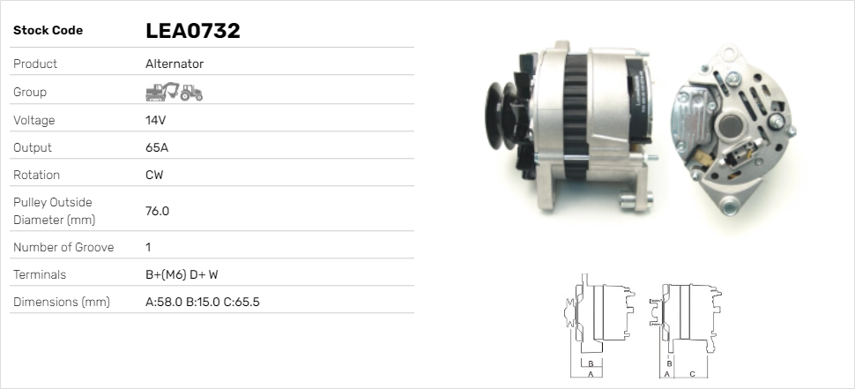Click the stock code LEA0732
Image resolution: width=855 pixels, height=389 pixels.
point(192,31)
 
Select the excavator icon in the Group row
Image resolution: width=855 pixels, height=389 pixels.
point(162,92)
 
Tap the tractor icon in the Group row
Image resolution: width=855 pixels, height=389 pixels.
point(191,93)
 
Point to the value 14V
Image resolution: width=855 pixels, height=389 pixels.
point(155,120)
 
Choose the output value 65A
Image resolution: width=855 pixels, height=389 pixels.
point(157,147)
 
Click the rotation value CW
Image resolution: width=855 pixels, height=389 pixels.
point(154,175)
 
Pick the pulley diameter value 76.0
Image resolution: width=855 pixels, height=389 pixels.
point(157,211)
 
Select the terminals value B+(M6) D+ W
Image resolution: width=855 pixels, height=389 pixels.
point(182,274)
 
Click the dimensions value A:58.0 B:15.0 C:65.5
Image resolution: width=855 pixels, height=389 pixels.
point(203,302)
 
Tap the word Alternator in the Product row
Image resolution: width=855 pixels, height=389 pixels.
point(175,64)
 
